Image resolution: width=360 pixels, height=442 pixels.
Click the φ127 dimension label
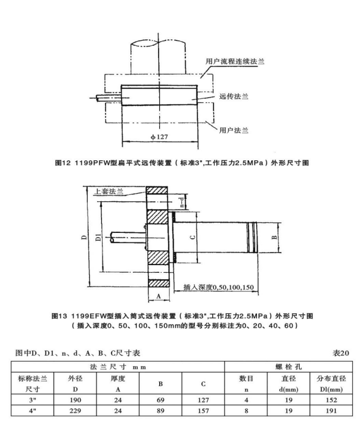[x=159, y=137]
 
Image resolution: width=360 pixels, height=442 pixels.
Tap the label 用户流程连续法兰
[x=235, y=61]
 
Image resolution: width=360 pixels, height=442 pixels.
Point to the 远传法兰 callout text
[x=234, y=97]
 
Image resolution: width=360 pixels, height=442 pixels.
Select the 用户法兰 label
[x=234, y=130]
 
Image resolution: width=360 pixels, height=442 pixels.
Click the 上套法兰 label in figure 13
[x=109, y=191]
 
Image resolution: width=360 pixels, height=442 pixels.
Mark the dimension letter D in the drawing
[x=85, y=237]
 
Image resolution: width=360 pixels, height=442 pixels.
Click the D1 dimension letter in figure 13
[x=98, y=237]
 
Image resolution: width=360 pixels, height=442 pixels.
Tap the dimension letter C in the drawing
[x=193, y=237]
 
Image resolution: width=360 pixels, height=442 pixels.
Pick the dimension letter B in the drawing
[x=274, y=237]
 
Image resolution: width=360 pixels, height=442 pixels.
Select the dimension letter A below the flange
[x=159, y=296]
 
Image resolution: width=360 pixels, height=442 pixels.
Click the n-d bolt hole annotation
[x=182, y=202]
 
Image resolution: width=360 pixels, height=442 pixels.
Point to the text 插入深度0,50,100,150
[x=219, y=287]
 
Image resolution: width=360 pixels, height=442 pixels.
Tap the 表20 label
[x=341, y=353]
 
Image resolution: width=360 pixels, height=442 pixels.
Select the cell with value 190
[x=75, y=400]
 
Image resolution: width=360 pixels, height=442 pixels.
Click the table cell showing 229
[x=75, y=410]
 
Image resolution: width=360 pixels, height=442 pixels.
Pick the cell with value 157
[x=203, y=410]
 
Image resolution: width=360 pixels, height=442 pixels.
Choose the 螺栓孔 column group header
[x=288, y=367]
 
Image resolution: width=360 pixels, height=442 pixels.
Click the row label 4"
[x=33, y=410]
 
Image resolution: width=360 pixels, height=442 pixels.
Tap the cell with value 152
[x=331, y=400]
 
